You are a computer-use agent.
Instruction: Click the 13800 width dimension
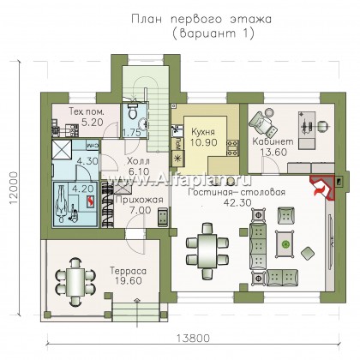(x=193, y=339)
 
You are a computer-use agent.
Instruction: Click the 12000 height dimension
(x=15, y=188)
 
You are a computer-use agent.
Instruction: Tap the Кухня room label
(x=203, y=132)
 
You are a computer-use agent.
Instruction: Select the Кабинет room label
(x=273, y=141)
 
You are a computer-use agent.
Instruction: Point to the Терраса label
(x=129, y=271)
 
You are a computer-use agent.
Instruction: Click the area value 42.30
(x=237, y=202)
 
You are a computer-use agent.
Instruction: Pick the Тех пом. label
(x=87, y=111)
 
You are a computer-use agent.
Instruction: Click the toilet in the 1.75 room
(x=132, y=111)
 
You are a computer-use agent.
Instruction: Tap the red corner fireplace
(x=322, y=189)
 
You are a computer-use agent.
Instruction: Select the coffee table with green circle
(x=285, y=243)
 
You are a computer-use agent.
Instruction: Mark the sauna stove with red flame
(x=91, y=201)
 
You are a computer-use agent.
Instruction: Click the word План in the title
(x=147, y=20)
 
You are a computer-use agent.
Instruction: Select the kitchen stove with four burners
(x=232, y=147)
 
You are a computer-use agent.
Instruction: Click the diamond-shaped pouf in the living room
(x=308, y=254)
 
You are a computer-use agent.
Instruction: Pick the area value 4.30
(x=87, y=161)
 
